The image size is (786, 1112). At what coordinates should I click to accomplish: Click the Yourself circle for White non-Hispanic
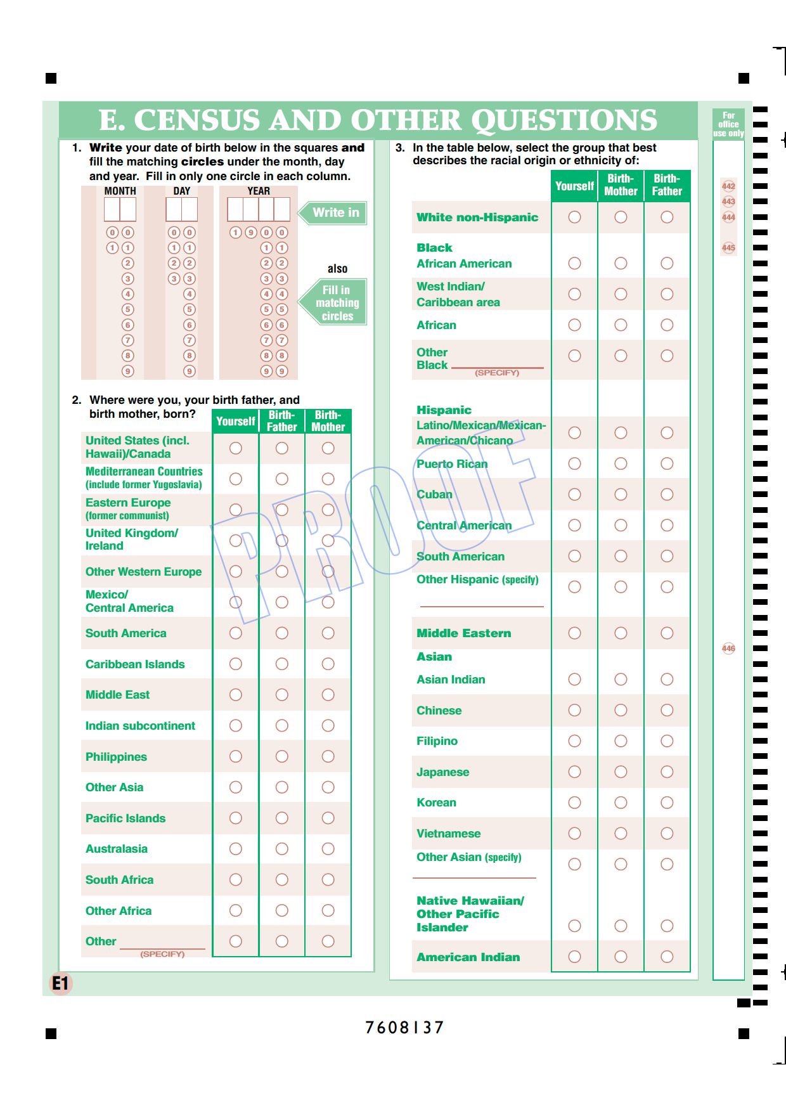coord(574,217)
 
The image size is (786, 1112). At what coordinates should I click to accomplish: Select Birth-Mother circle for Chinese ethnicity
coord(621,710)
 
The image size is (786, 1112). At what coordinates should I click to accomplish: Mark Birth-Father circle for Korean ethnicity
coord(667,803)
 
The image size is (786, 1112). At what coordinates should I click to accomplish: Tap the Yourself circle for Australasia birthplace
coord(236,849)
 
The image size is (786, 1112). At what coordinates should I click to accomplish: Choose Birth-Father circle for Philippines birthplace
coord(282,756)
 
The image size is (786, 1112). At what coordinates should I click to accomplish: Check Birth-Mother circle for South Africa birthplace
coord(328,880)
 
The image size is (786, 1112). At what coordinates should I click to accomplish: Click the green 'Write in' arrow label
coord(334,213)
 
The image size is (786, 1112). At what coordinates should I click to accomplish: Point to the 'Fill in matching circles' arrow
coord(336,303)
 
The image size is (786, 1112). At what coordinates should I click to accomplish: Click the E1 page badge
coord(61,983)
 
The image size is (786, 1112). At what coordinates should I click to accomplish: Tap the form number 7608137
coord(404,1027)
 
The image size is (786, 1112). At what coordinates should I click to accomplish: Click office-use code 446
coord(728,649)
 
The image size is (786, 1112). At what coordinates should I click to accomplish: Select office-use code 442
coord(728,186)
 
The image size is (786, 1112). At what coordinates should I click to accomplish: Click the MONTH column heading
coord(120,191)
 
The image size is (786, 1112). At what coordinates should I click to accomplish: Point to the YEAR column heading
coord(259,191)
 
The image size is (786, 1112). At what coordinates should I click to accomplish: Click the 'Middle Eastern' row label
coord(463,633)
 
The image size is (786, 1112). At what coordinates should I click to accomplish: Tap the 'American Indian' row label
coord(468,957)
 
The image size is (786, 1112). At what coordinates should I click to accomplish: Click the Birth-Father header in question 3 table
coord(667,185)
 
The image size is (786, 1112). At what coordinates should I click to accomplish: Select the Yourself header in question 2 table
coord(235,422)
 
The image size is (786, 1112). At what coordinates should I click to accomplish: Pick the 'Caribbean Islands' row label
coord(135,664)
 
